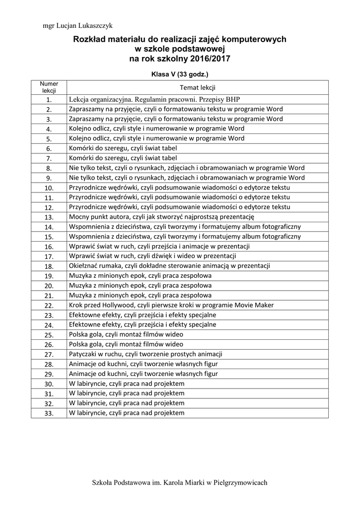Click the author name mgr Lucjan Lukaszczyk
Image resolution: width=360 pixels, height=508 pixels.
point(77,25)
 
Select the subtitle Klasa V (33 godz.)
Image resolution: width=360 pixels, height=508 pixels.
point(179,74)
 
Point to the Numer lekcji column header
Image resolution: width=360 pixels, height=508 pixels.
point(49,87)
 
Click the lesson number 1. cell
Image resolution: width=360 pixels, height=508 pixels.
point(49,99)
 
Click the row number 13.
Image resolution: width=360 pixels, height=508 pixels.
point(49,217)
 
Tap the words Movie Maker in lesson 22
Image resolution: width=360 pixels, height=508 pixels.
point(255,305)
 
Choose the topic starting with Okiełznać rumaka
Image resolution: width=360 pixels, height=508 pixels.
point(169,266)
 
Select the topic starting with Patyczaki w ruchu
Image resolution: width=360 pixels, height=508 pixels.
point(145,354)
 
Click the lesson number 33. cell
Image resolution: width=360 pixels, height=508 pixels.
point(49,413)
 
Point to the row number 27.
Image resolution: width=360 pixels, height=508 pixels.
point(49,354)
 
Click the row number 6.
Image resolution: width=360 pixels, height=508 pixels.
point(49,148)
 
